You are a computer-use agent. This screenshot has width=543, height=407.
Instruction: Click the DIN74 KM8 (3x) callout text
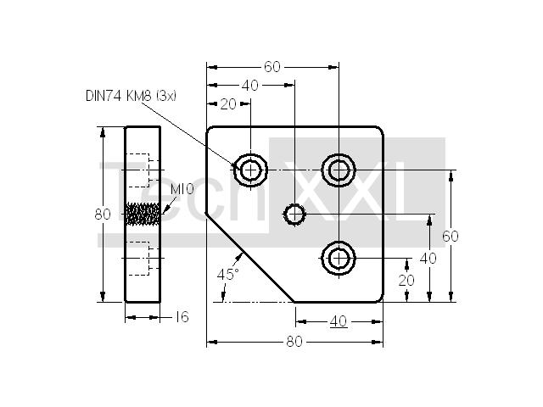131,96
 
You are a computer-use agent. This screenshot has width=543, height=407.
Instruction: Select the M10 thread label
182,189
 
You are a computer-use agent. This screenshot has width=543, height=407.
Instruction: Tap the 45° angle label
228,274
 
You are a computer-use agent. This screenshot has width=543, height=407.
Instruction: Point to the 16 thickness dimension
182,316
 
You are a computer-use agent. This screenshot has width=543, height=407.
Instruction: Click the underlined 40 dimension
339,322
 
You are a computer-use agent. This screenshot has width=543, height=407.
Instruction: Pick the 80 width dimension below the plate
294,342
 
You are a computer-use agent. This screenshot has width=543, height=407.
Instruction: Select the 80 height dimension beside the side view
103,215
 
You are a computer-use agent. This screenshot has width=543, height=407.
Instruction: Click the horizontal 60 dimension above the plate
272,67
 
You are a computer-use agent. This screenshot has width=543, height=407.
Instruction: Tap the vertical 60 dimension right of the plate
451,236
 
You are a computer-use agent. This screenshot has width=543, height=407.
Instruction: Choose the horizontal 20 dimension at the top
228,103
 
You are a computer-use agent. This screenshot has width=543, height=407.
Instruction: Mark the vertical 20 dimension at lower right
406,280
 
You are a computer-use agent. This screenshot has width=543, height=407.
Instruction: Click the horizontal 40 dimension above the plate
249,86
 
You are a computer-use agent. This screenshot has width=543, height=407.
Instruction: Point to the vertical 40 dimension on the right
428,258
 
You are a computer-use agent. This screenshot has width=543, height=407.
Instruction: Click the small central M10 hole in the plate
294,215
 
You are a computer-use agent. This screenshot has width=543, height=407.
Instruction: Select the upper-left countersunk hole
250,170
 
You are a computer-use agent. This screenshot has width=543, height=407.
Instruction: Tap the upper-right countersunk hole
339,170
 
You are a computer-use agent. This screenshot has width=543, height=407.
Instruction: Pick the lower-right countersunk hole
339,258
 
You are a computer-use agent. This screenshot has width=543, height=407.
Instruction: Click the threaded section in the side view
143,214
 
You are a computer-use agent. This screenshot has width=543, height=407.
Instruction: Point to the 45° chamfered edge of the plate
250,258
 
